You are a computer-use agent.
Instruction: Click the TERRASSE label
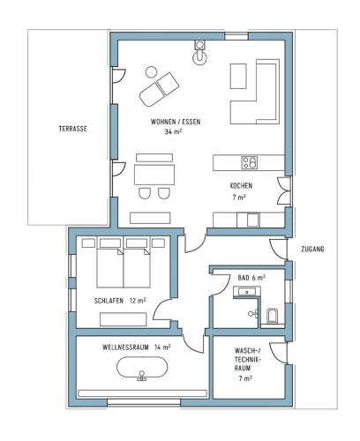[72, 129]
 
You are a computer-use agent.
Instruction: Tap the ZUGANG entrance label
[312, 249]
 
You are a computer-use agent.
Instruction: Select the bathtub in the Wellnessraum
[142, 369]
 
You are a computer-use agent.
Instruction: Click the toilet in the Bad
[272, 315]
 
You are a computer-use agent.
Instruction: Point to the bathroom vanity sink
[247, 292]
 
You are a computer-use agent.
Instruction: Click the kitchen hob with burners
[250, 162]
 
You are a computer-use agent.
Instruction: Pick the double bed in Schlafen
[124, 263]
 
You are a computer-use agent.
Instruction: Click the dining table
[154, 175]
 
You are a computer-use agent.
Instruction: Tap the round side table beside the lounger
[152, 72]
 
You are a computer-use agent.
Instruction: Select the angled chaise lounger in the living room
[159, 89]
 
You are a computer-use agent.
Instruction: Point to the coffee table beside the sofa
[238, 76]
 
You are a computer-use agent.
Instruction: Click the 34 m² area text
[173, 131]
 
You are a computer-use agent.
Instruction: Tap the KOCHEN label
[241, 186]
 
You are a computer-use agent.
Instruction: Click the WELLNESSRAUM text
[125, 348]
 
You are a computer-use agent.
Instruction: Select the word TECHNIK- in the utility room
[248, 359]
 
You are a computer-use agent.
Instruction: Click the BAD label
[244, 278]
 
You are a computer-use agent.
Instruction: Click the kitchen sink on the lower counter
[253, 220]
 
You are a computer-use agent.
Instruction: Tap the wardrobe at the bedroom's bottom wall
[124, 319]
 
